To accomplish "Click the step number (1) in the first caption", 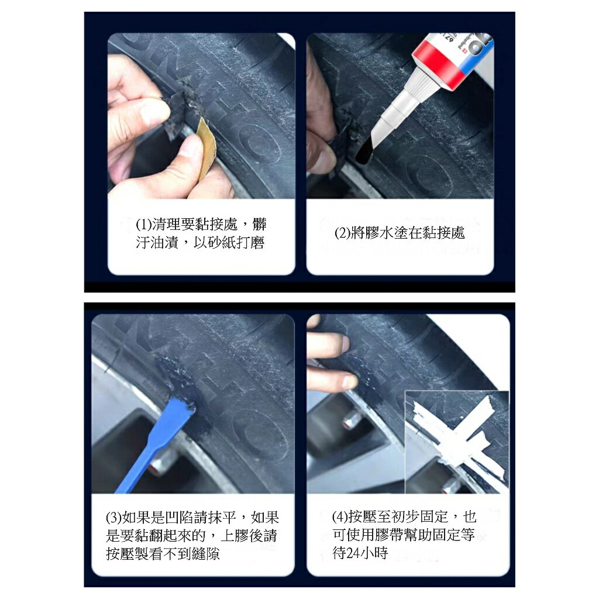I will click(x=144, y=225).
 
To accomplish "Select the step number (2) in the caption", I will click(x=343, y=233).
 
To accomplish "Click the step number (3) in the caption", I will click(x=113, y=518).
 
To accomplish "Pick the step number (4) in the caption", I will click(x=340, y=517).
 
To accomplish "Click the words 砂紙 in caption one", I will click(x=219, y=243).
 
